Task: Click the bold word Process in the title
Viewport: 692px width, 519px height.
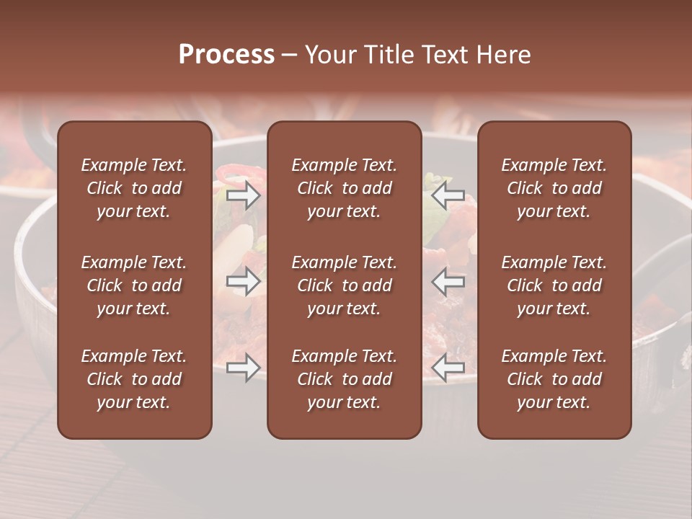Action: [x=226, y=55]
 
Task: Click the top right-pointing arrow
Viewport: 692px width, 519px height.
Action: [x=244, y=195]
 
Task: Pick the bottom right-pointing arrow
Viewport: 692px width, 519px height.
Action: [x=244, y=368]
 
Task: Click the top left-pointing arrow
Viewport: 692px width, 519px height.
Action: [x=448, y=195]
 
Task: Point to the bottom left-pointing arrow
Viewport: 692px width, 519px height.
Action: [x=448, y=368]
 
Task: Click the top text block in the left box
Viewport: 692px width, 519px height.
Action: [x=134, y=188]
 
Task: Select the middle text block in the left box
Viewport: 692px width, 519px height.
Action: [x=134, y=285]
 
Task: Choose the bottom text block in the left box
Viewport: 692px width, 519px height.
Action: [x=134, y=379]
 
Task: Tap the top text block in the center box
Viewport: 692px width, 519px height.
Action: [x=344, y=188]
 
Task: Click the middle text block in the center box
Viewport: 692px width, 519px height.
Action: [x=344, y=285]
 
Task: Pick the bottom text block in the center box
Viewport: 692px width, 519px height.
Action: [x=344, y=379]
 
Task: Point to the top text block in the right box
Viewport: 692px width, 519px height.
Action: [x=554, y=188]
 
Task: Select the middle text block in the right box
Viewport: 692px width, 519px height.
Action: [x=554, y=285]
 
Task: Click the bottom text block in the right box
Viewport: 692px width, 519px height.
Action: [x=554, y=379]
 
